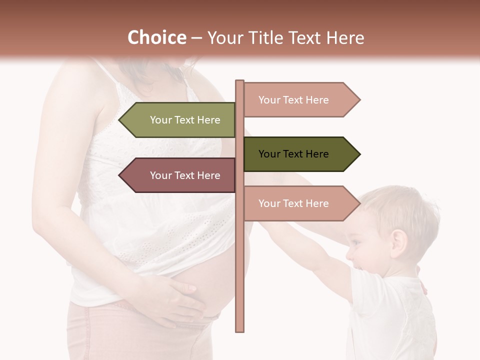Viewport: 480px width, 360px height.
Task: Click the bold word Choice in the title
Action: pyautogui.click(x=156, y=37)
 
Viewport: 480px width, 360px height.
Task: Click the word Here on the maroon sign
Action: pyautogui.click(x=208, y=175)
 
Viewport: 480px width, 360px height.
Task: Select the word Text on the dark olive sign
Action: pyautogui.click(x=293, y=154)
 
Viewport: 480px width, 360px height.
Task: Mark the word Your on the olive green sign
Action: pyautogui.click(x=160, y=120)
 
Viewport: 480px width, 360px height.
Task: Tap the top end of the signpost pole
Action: pyautogui.click(x=240, y=82)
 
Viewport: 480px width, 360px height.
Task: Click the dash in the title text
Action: pyautogui.click(x=196, y=38)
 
